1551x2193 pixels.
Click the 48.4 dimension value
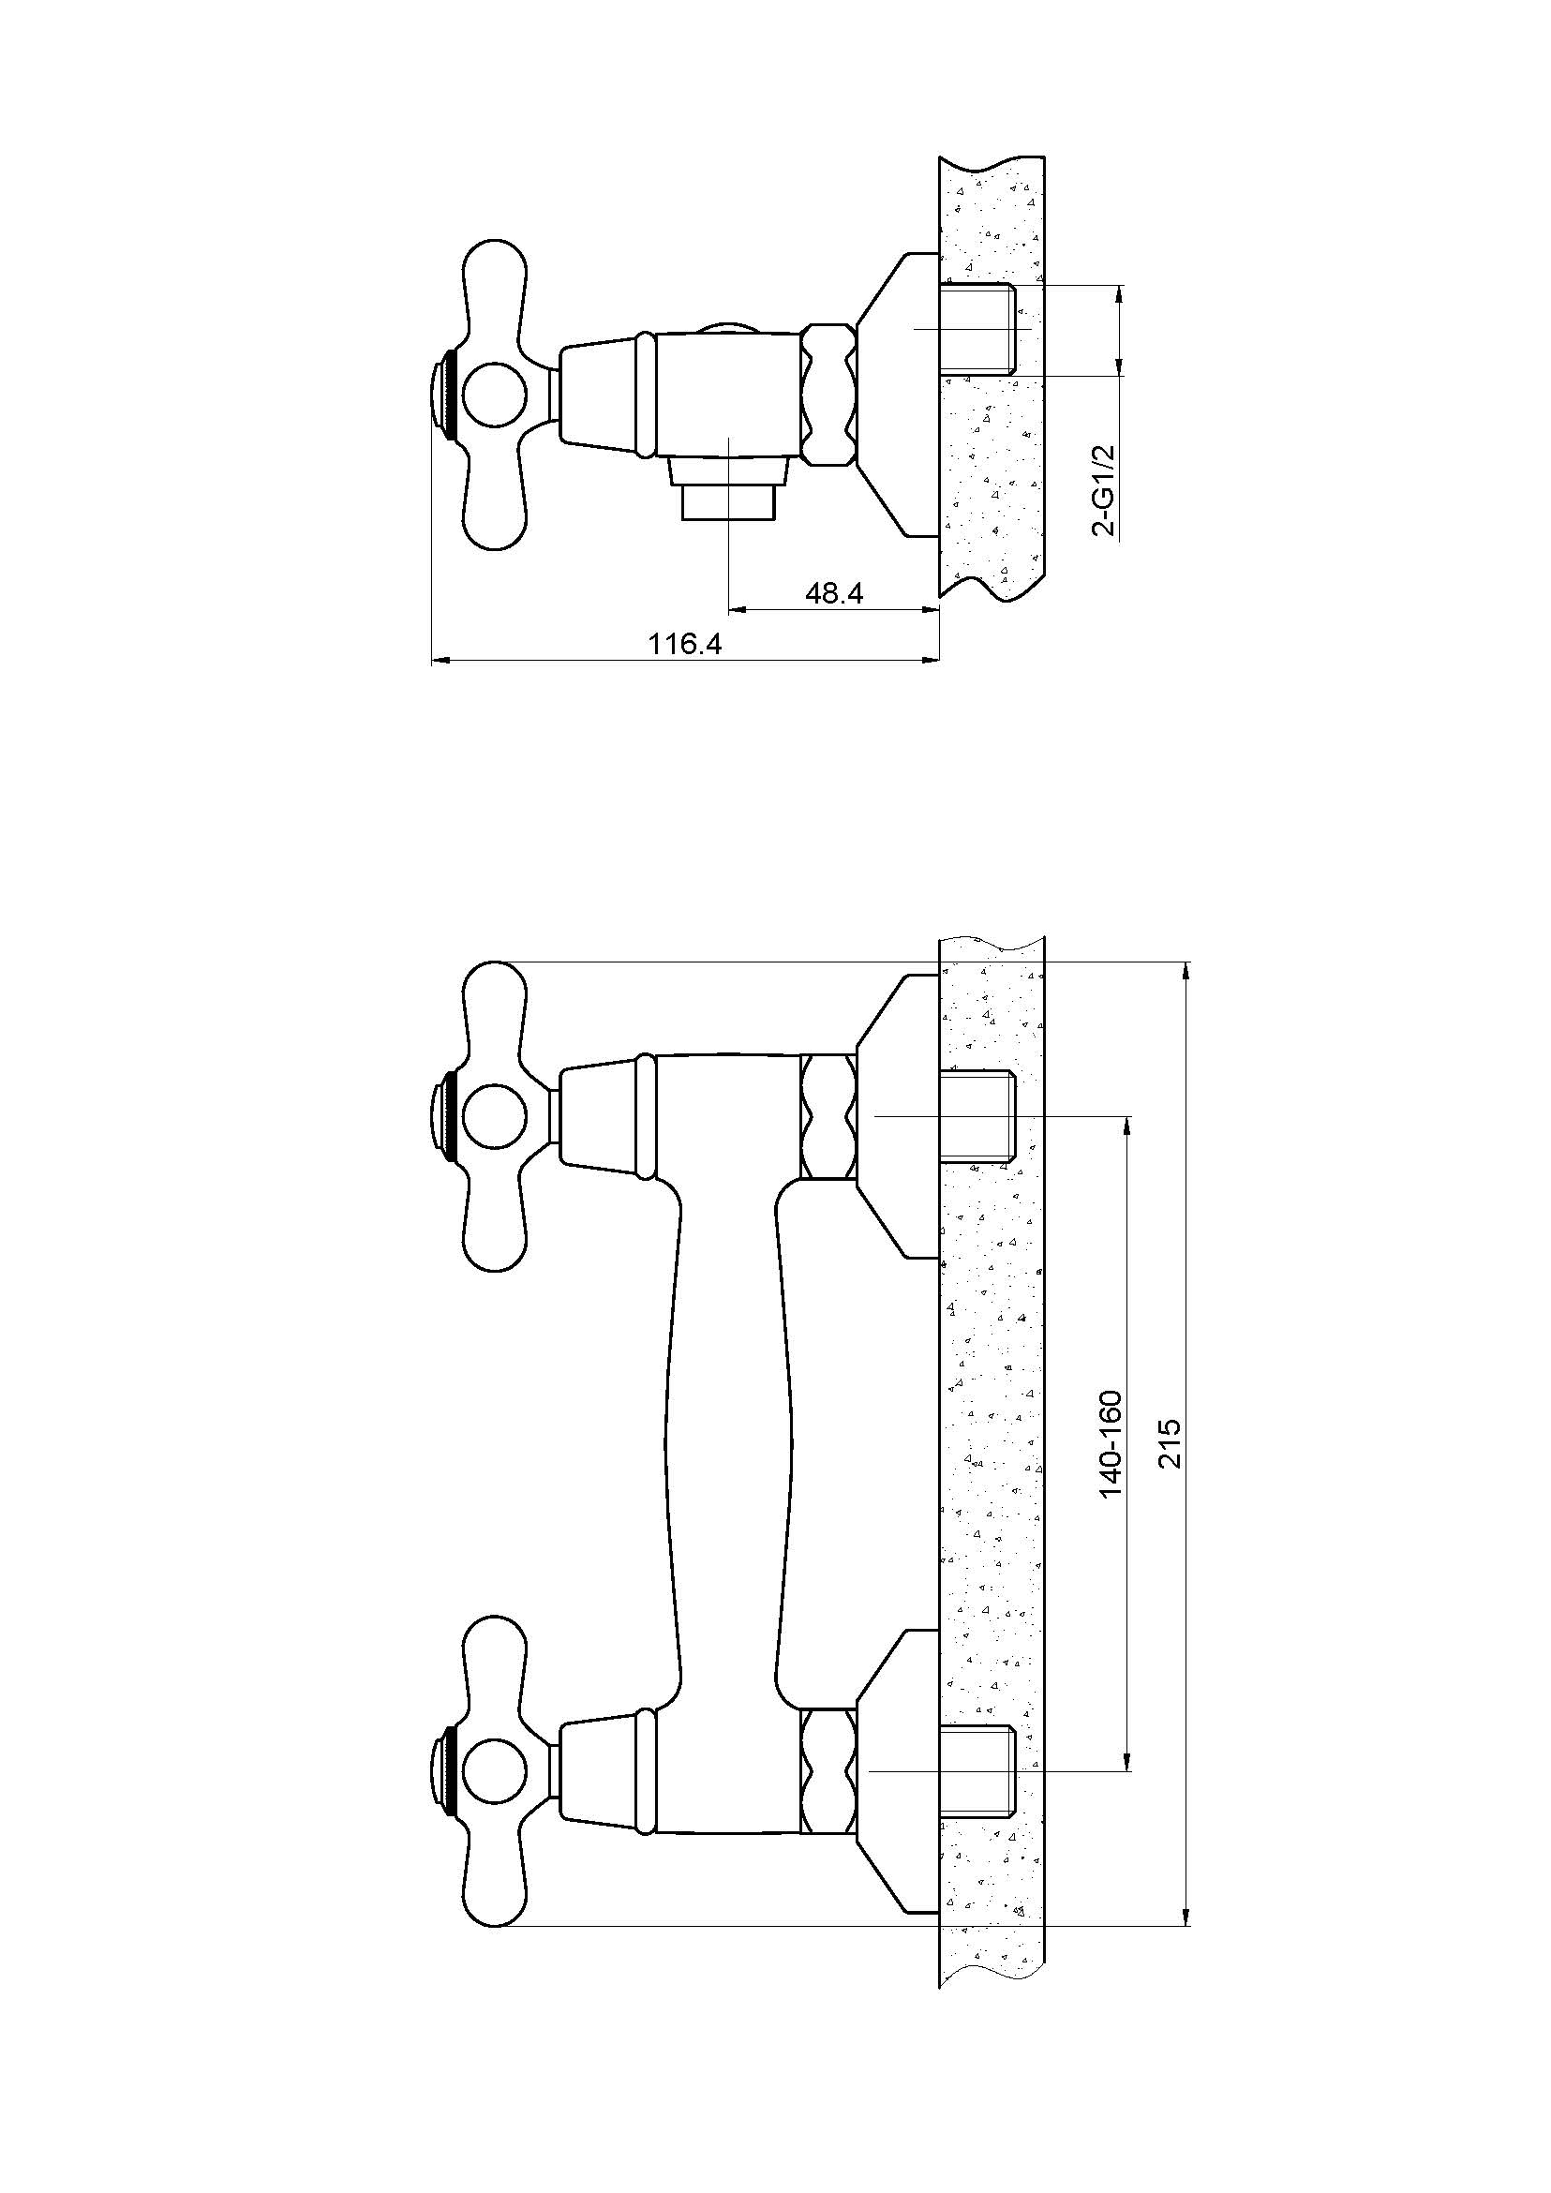[834, 593]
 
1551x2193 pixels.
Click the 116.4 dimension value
[685, 644]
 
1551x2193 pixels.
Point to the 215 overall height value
[1170, 1443]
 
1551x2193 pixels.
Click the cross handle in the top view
[494, 395]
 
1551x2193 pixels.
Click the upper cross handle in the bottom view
[494, 1116]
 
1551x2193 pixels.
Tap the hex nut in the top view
[828, 395]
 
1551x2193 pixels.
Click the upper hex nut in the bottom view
[828, 1116]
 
